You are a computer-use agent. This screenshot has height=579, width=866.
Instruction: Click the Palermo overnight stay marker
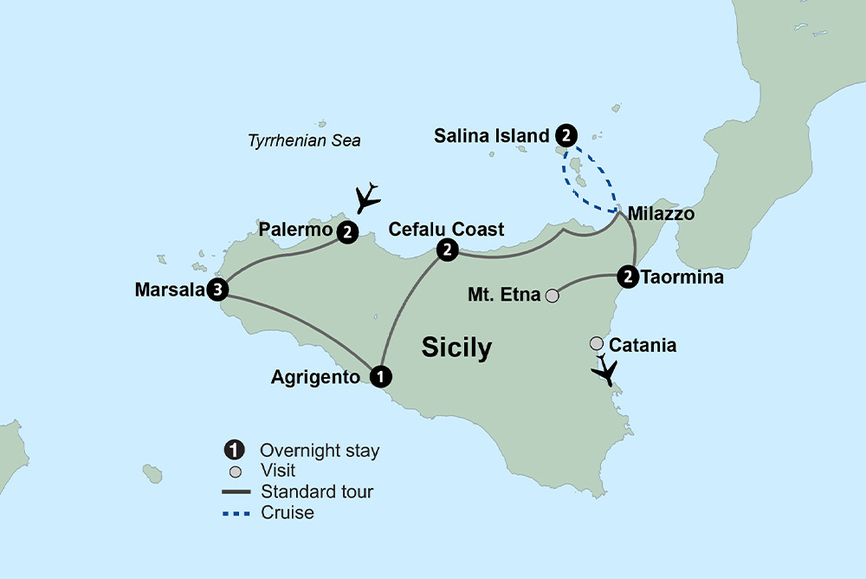click(x=346, y=231)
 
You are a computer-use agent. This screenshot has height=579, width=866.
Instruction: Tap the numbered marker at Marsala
click(x=218, y=290)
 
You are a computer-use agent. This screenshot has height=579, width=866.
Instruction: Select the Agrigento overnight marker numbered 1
click(x=379, y=377)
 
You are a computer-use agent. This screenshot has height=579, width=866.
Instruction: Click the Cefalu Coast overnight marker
click(x=447, y=250)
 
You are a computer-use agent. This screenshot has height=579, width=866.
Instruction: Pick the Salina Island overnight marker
click(x=565, y=135)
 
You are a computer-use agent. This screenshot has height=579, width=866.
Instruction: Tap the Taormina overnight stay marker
click(x=628, y=277)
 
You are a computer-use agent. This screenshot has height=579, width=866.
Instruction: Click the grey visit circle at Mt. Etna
click(x=552, y=296)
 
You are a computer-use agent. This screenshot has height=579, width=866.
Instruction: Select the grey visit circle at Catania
click(x=597, y=344)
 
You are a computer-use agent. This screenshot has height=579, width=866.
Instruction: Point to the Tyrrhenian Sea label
click(x=304, y=140)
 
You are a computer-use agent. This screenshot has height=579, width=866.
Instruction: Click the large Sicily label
click(x=456, y=348)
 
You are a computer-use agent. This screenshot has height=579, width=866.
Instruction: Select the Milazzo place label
click(x=661, y=213)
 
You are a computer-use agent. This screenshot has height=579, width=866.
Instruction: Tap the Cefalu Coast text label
click(x=447, y=229)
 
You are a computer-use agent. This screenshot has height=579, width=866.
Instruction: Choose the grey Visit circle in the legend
click(x=233, y=472)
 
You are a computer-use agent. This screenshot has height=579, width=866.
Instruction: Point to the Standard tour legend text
click(x=317, y=492)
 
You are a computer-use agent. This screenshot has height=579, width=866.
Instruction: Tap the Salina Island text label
click(x=492, y=136)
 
